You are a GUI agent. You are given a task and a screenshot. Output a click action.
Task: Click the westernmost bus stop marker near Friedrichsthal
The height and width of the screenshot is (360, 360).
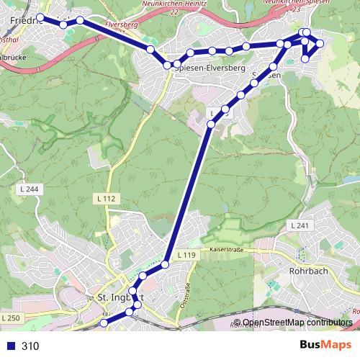point(40,17)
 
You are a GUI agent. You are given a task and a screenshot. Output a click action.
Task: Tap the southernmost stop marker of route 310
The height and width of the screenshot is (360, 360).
point(103,324)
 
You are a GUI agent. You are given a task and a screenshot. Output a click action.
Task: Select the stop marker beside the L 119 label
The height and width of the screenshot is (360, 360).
point(165,265)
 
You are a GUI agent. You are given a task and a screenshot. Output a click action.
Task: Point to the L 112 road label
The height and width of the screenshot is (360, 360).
point(105,198)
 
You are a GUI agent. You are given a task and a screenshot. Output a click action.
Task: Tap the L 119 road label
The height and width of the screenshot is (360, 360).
point(185,255)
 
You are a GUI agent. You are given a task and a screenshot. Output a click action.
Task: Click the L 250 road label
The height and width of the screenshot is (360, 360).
point(11,318)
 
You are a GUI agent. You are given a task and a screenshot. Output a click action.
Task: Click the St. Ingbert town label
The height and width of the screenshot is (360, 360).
point(115,297)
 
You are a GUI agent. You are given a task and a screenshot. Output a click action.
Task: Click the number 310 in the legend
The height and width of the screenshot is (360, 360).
point(30,346)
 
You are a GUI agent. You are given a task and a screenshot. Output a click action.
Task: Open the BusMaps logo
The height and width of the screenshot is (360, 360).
point(325,345)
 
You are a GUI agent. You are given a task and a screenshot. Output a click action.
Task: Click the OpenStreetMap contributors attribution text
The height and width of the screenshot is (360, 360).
point(297,323)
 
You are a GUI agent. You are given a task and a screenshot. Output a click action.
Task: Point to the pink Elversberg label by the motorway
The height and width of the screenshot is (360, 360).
point(120,26)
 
